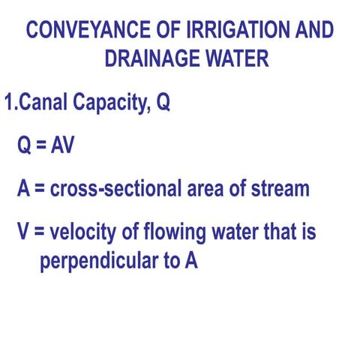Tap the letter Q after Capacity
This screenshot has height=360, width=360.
pos(163,104)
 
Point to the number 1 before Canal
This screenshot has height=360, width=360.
pos(10,103)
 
